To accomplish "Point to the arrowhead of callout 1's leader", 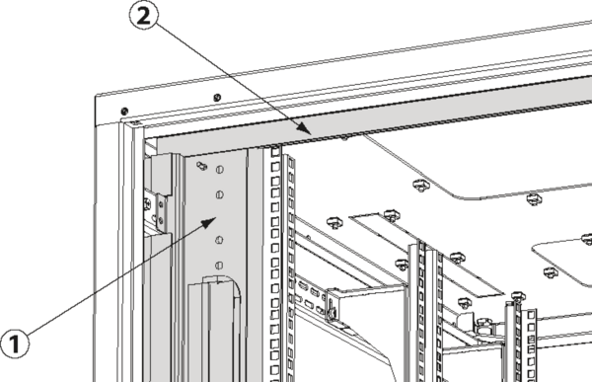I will [x=212, y=221].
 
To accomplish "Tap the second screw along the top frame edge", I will [x=216, y=97].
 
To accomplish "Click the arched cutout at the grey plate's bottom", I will [x=220, y=296].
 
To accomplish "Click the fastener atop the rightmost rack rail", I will [x=518, y=293].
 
